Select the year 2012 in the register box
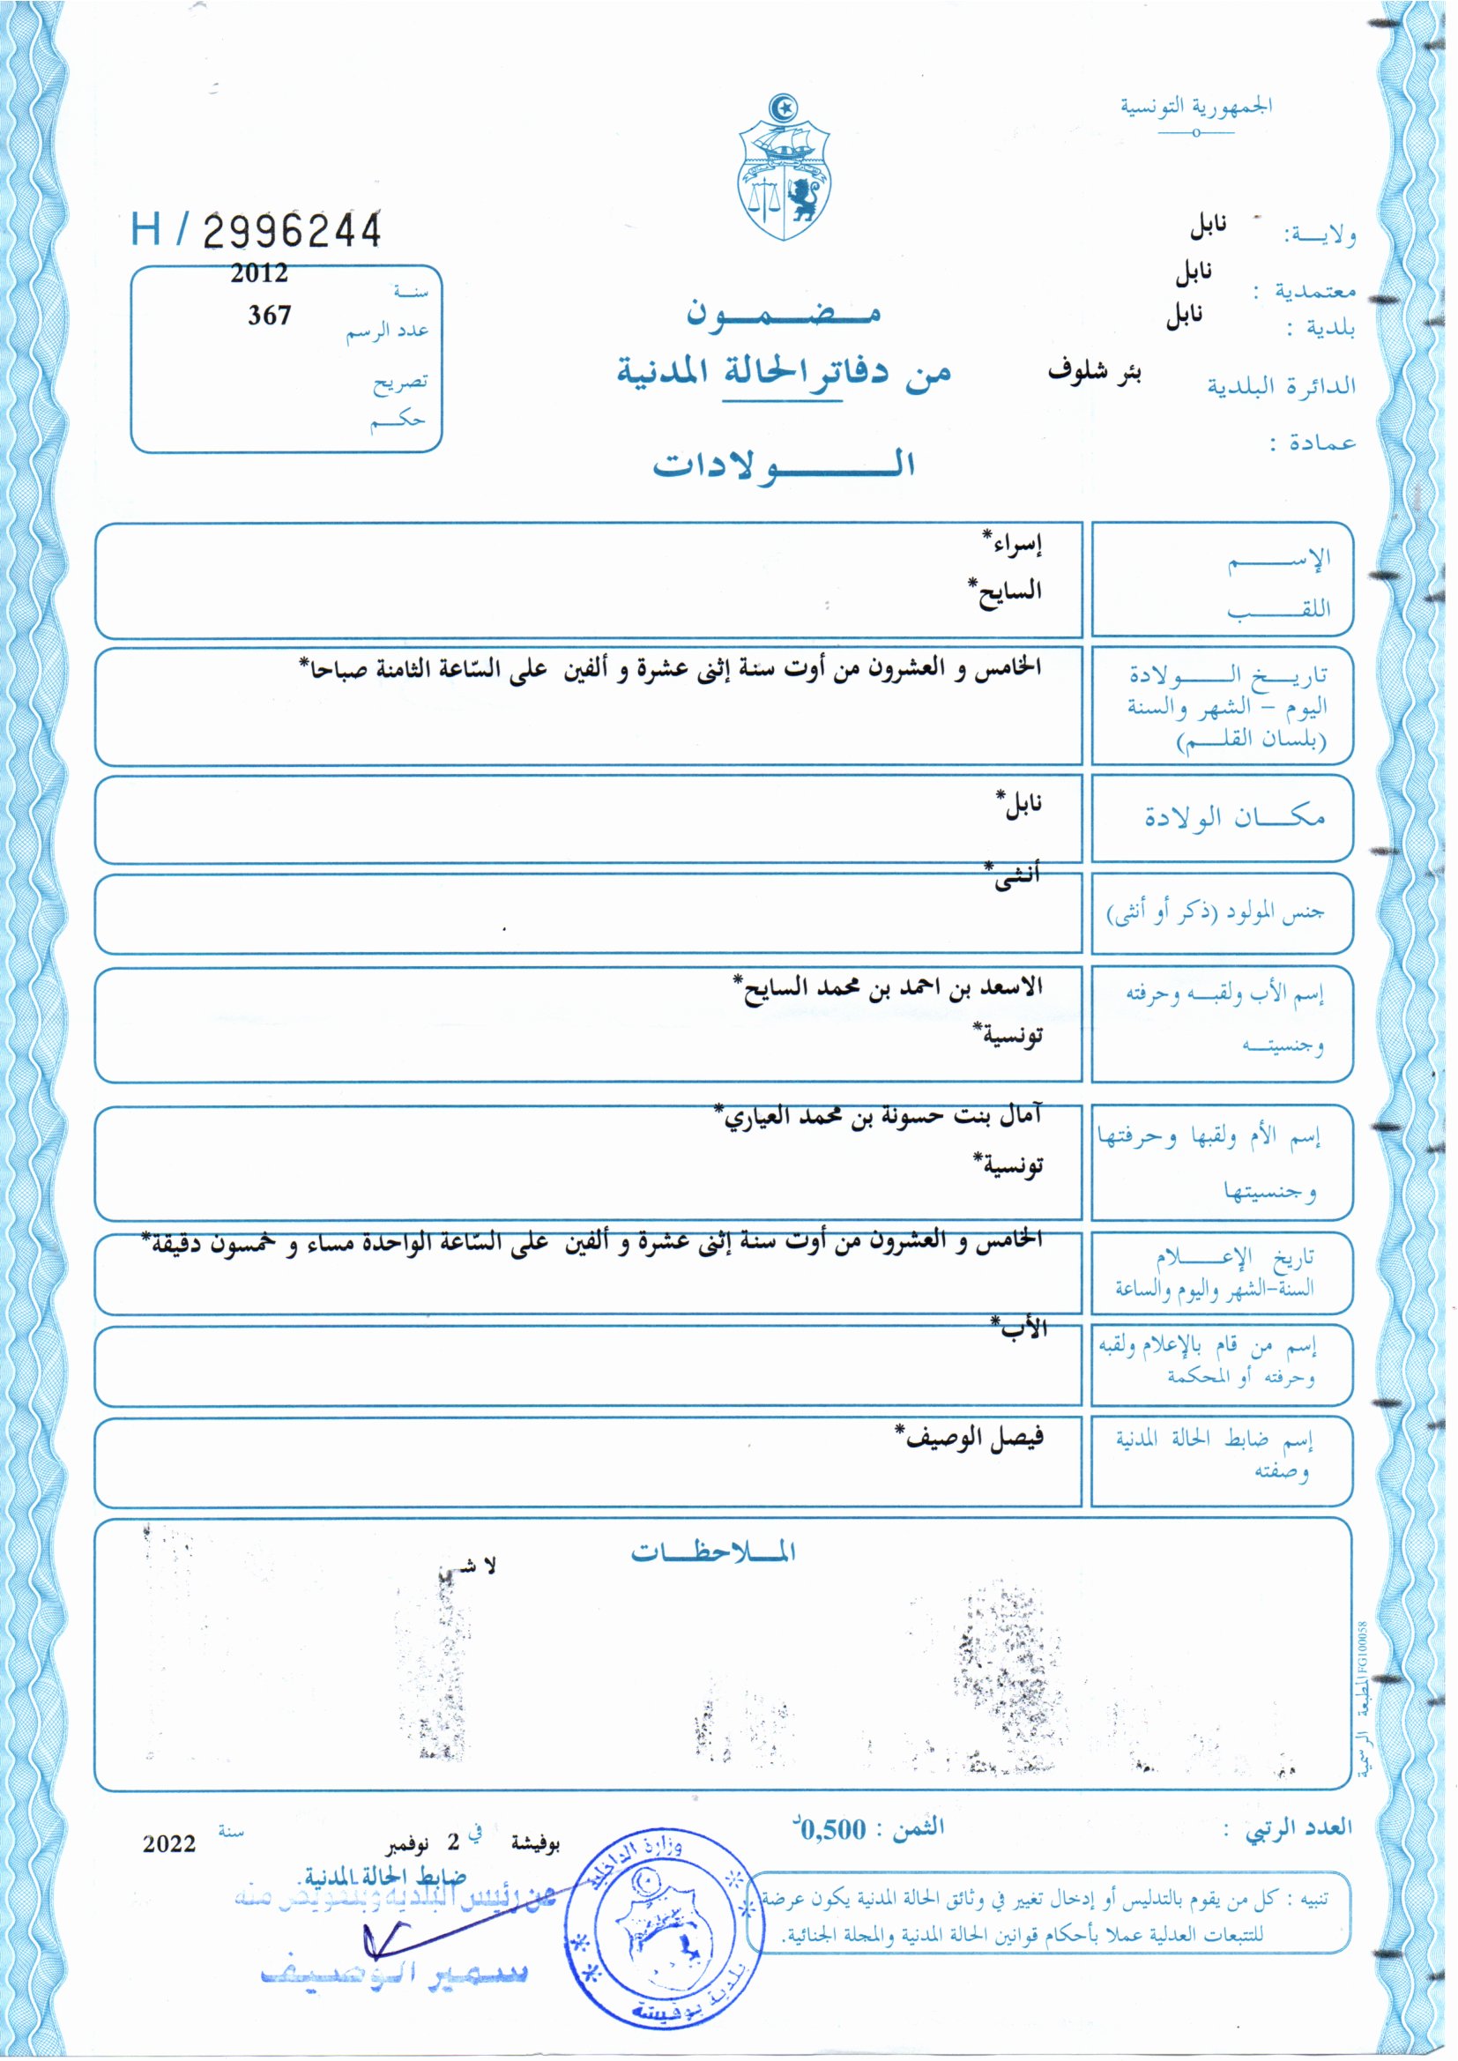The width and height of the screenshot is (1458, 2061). (x=259, y=274)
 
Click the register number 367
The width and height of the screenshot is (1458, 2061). (x=270, y=316)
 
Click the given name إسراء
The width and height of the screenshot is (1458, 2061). (x=1013, y=544)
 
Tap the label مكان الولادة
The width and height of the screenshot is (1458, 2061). (x=1234, y=816)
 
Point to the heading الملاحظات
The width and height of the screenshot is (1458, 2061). (x=714, y=1551)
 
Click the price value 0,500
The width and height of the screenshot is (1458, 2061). (x=833, y=1827)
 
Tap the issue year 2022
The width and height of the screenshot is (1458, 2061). (x=168, y=1844)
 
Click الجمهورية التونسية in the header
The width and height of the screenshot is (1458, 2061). (x=1196, y=107)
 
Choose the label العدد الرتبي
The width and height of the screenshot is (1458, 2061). (x=1298, y=1828)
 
